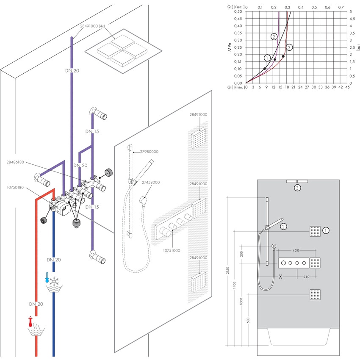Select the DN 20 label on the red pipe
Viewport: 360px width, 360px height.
(x=36, y=304)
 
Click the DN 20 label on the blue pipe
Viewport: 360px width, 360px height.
(x=53, y=259)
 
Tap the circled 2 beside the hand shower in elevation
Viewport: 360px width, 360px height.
(x=283, y=227)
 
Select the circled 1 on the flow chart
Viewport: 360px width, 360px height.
(x=267, y=58)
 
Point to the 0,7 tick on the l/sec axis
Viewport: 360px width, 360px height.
(x=341, y=7)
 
